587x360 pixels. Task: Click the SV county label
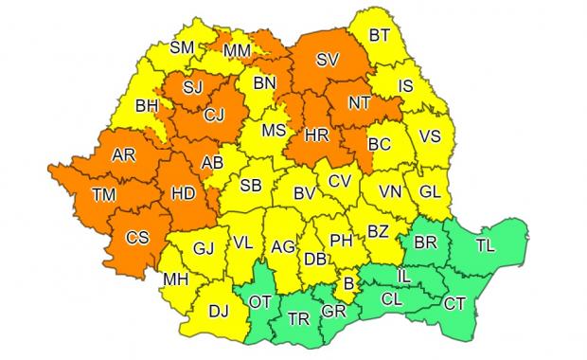click(x=329, y=59)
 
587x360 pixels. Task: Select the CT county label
click(x=455, y=303)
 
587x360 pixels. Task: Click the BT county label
click(x=380, y=36)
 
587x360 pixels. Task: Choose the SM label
click(x=182, y=48)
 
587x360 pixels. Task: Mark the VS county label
click(x=431, y=135)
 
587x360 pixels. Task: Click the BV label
click(x=304, y=193)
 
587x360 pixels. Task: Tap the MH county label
click(x=174, y=279)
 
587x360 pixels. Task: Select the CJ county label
click(x=217, y=117)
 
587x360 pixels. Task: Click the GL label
click(x=431, y=191)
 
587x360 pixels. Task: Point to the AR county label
click(x=123, y=154)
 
